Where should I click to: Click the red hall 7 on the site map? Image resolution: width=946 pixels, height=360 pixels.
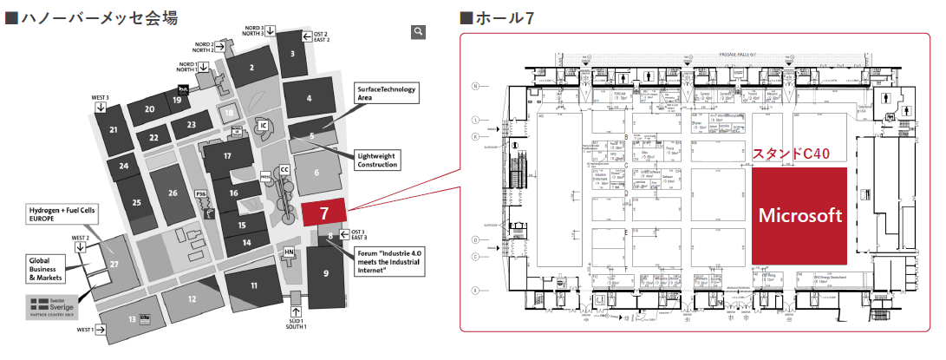(324, 213)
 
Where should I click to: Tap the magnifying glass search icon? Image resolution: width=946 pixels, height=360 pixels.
(419, 32)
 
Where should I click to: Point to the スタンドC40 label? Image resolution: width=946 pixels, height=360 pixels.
(791, 154)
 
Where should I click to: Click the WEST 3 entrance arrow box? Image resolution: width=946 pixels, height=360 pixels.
(101, 107)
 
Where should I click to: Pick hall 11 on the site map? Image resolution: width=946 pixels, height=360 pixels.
(253, 285)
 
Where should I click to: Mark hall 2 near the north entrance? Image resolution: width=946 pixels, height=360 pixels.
(251, 67)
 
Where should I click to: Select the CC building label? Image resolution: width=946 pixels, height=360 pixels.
(284, 170)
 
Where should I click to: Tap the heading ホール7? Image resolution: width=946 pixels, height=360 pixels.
(497, 15)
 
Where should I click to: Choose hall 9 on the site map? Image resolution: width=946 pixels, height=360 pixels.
(325, 273)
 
